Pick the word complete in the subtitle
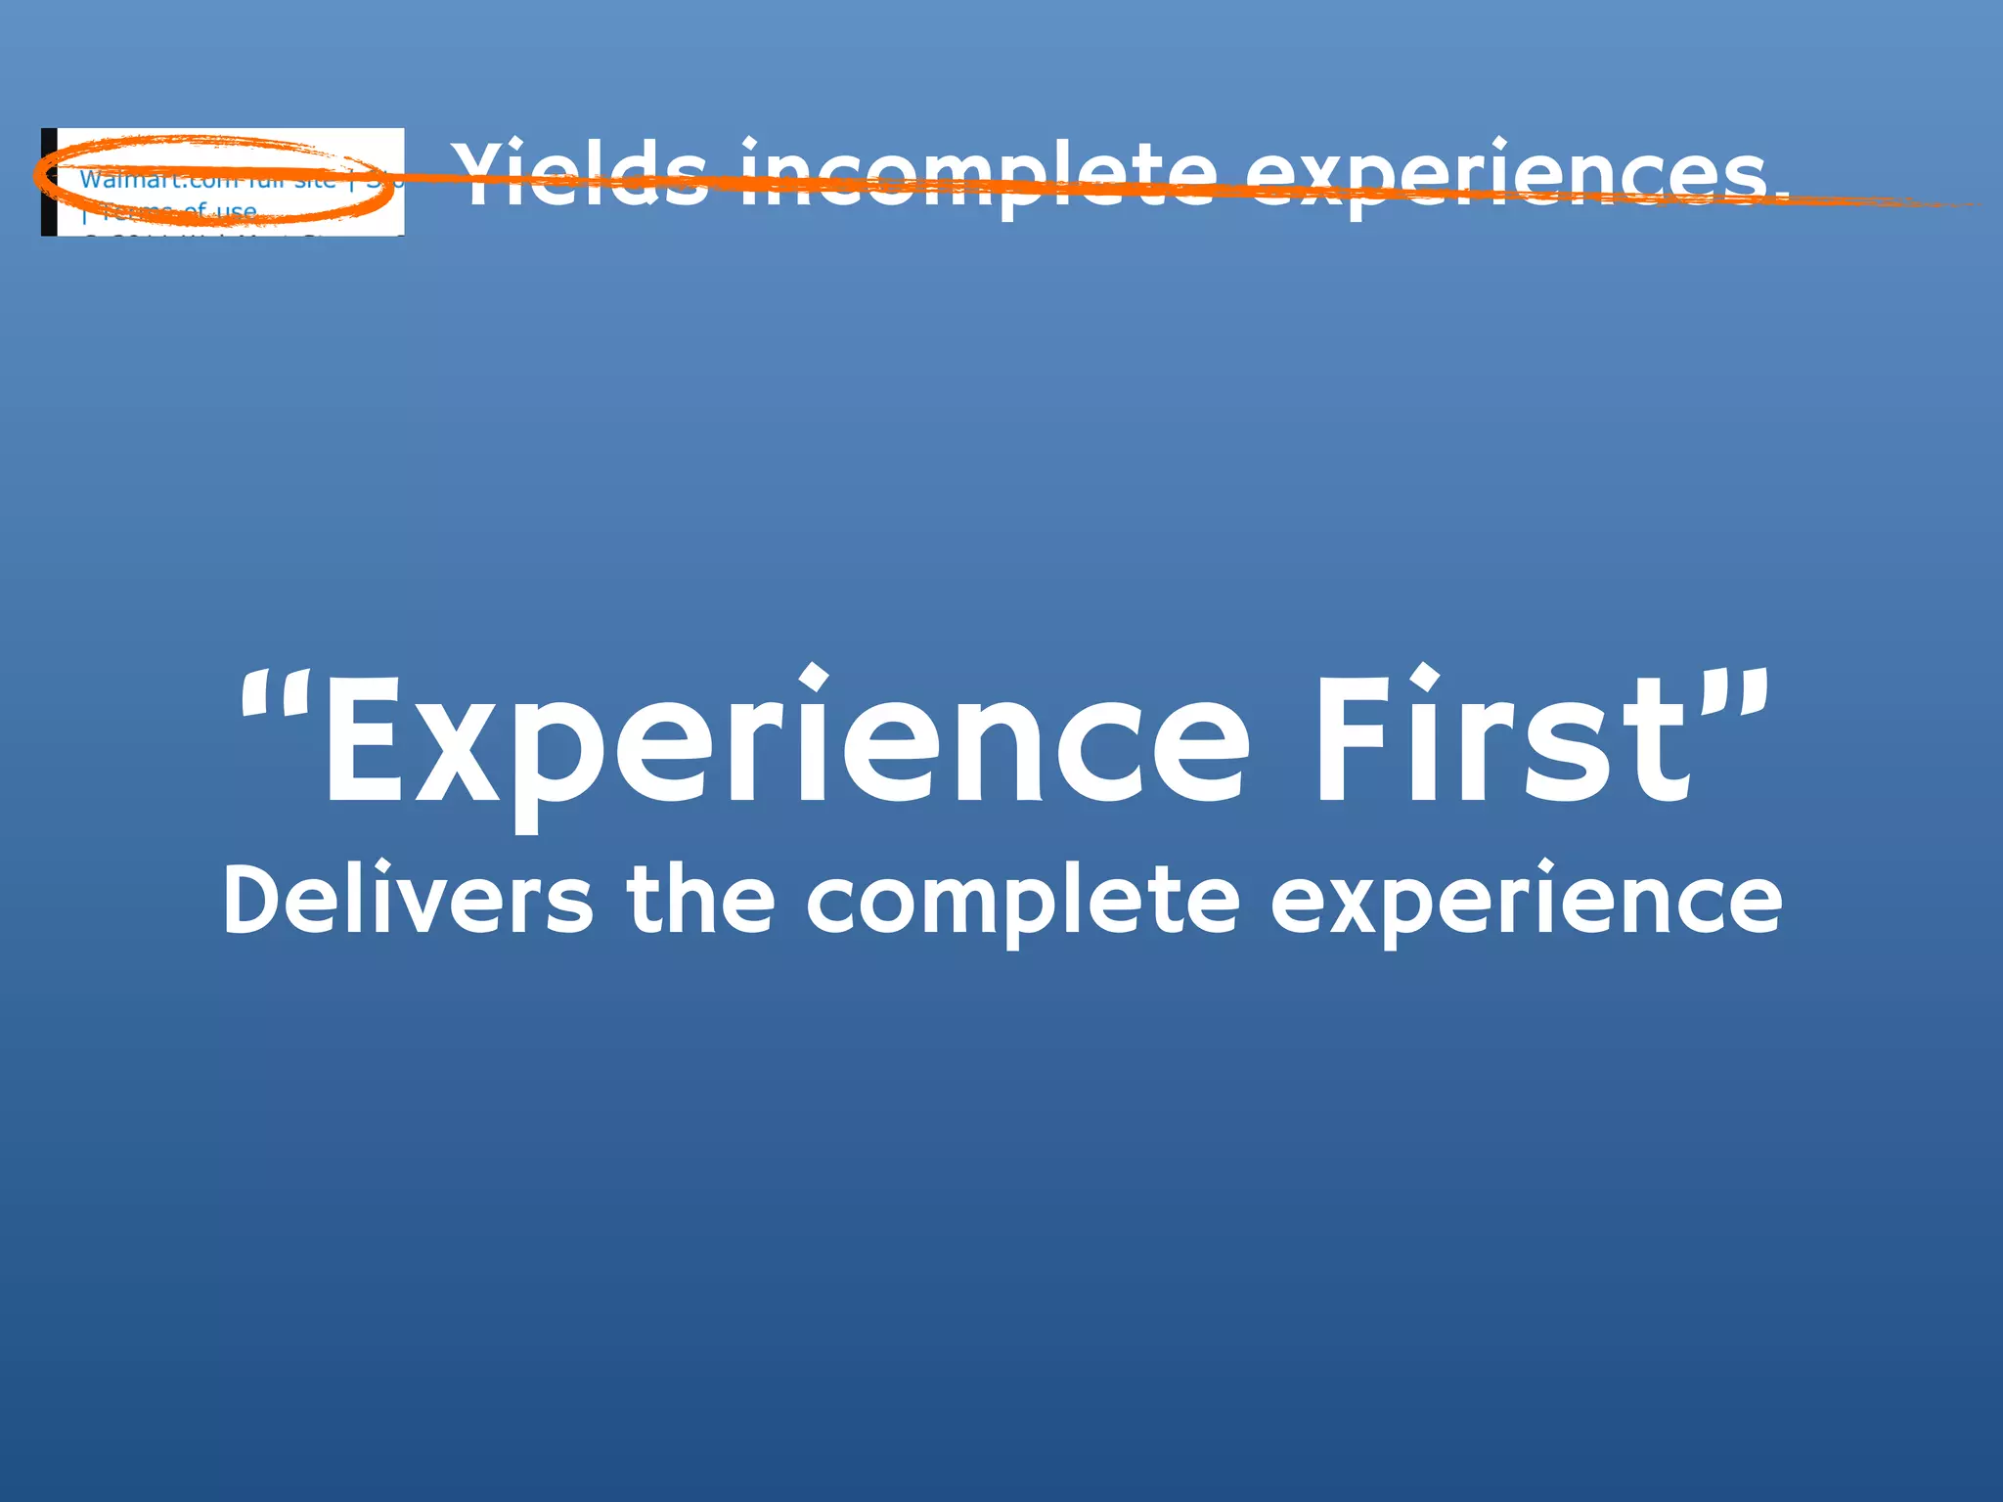click(x=1023, y=900)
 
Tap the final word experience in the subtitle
click(x=1526, y=900)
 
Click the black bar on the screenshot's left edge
click(x=48, y=183)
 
